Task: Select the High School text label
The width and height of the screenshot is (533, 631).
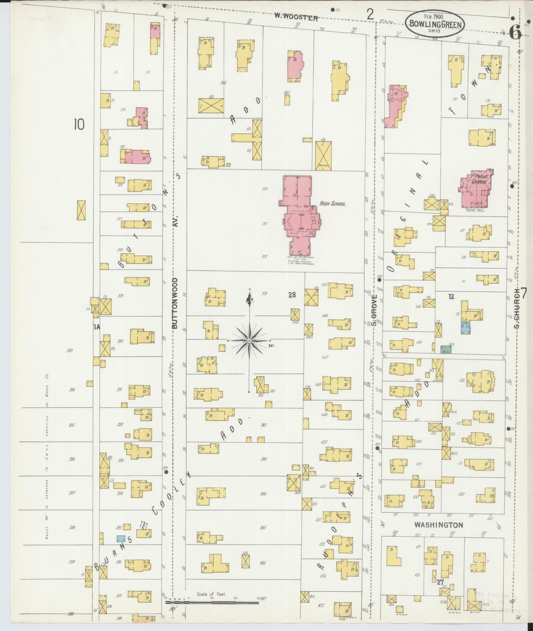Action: pyautogui.click(x=333, y=204)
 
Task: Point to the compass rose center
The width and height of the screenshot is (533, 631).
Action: pyautogui.click(x=249, y=341)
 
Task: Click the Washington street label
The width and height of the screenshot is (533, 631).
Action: pyautogui.click(x=438, y=525)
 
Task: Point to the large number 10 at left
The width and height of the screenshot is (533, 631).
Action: pyautogui.click(x=79, y=124)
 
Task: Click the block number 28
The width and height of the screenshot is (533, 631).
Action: pyautogui.click(x=292, y=295)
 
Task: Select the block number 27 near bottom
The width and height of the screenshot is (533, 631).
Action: pyautogui.click(x=440, y=582)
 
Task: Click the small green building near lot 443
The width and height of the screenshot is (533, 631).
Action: pyautogui.click(x=446, y=349)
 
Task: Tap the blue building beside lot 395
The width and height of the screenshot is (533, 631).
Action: pyautogui.click(x=121, y=538)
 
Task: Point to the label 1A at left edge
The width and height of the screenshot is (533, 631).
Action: pyautogui.click(x=96, y=327)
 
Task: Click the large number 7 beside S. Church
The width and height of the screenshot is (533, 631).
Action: pyautogui.click(x=523, y=293)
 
